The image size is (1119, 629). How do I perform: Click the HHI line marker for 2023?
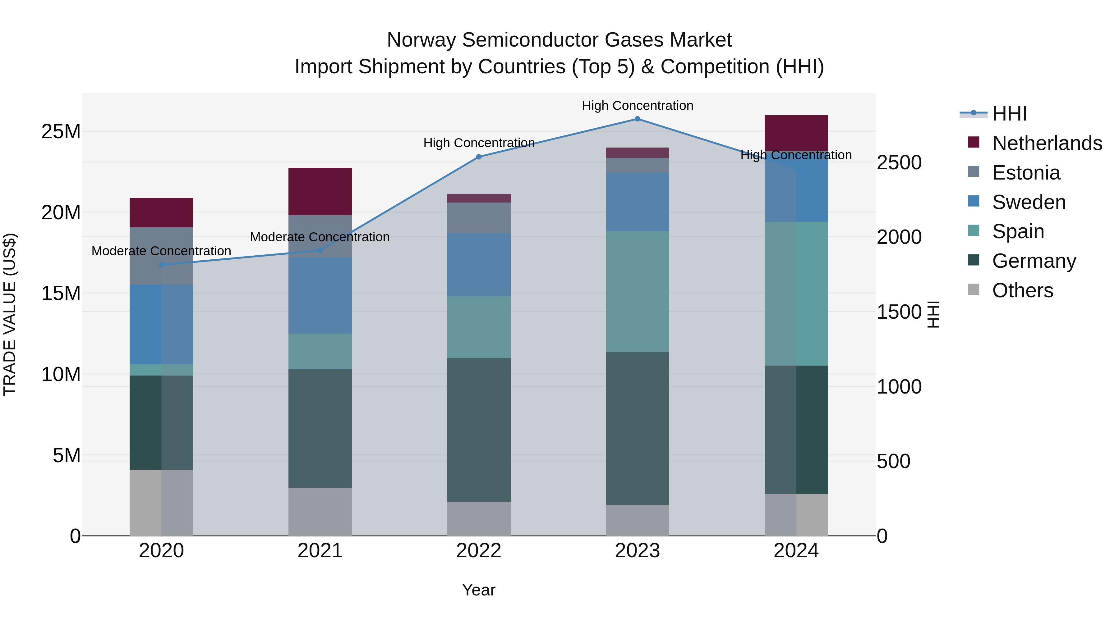point(637,119)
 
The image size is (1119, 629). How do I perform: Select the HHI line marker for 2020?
point(161,265)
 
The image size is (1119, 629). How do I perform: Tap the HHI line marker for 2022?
point(479,157)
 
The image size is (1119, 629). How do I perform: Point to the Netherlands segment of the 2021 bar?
point(320,191)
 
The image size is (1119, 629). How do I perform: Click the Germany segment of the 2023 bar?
point(637,428)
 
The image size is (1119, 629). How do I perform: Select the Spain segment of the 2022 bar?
point(479,327)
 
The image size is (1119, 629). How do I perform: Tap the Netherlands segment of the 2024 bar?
point(796,133)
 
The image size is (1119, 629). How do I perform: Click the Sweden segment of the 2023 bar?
point(637,201)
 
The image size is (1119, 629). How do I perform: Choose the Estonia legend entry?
point(1026,173)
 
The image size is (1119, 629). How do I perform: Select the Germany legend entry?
point(1034,261)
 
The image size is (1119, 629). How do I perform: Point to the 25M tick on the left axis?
point(61,131)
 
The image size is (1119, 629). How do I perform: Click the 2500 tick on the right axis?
point(899,163)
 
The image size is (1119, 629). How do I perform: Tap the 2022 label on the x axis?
point(479,551)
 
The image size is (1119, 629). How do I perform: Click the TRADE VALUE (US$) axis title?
point(10,314)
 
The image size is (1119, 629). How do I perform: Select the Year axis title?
point(479,590)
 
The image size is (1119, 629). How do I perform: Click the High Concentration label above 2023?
point(637,106)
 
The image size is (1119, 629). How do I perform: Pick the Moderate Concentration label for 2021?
point(320,237)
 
